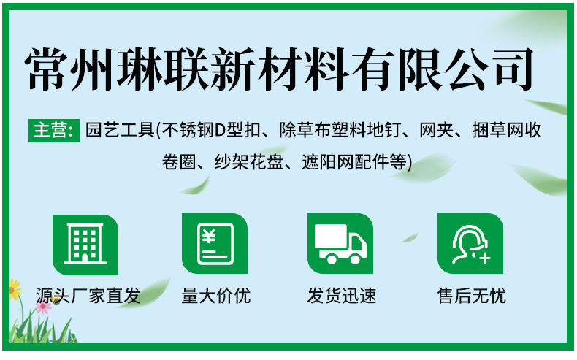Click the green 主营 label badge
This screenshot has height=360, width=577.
(x=53, y=131)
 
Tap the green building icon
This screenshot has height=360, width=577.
(x=85, y=244)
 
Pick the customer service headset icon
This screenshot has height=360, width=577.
(x=470, y=244)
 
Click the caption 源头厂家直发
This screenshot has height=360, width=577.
(x=88, y=296)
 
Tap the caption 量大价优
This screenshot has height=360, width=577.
(x=215, y=296)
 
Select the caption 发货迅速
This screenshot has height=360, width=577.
(x=341, y=296)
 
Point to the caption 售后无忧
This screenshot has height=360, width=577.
(x=471, y=296)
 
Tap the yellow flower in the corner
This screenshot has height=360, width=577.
(x=14, y=289)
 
